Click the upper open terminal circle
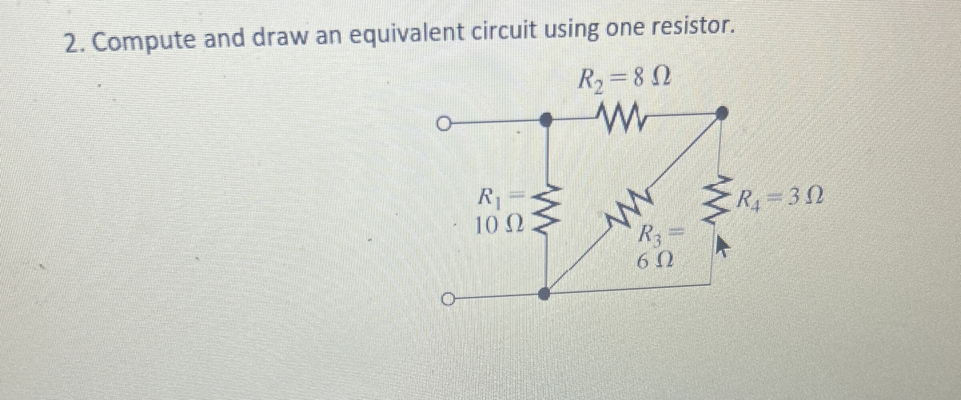(x=444, y=124)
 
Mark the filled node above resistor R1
(x=545, y=119)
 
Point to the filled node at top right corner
(x=721, y=113)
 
